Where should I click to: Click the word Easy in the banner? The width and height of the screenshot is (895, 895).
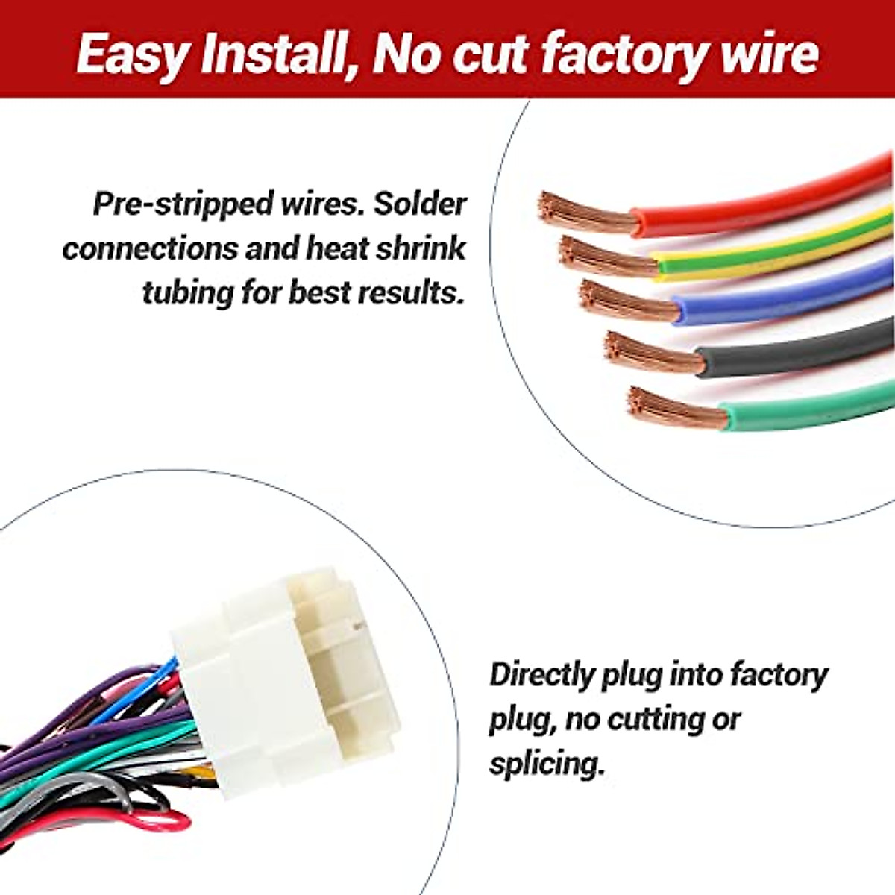click(x=131, y=54)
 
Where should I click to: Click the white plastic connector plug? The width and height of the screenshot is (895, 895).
click(x=291, y=671)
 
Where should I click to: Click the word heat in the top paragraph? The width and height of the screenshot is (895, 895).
click(x=335, y=248)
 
